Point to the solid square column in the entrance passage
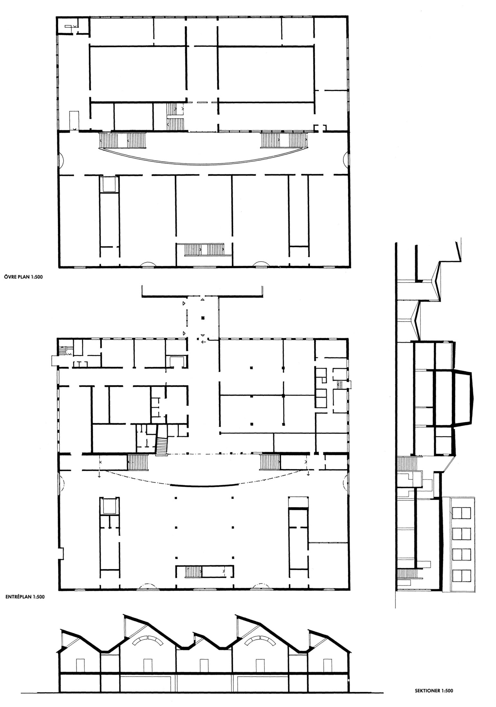pos(202,318)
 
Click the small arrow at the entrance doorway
pos(203,341)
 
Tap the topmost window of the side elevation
pos(462,513)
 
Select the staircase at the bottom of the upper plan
pos(205,249)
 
